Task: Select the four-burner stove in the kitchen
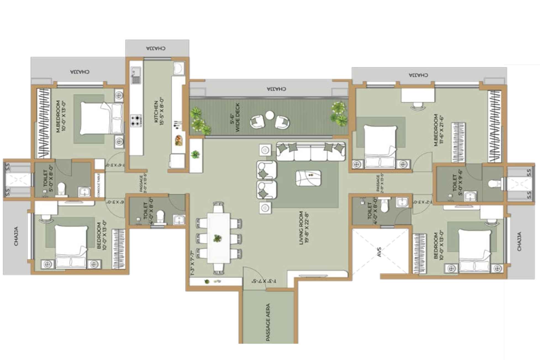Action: click(136, 120)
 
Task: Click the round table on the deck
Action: click(269, 115)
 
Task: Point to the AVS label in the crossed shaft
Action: click(379, 252)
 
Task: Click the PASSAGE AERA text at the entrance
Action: click(268, 322)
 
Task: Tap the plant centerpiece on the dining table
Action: click(217, 238)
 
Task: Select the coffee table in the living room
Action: click(308, 178)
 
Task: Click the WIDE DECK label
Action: click(235, 117)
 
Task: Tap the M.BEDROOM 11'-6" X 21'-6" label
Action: click(438, 130)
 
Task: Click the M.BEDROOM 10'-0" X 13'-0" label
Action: click(60, 116)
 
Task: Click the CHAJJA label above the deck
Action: click(276, 89)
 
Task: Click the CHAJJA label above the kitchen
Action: click(156, 48)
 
